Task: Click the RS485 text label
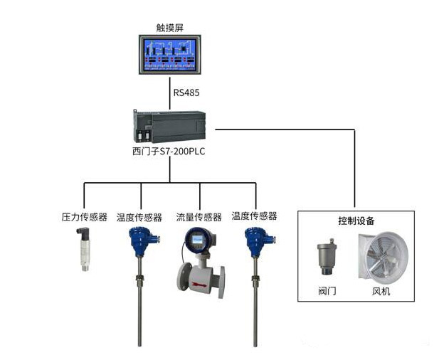click(x=186, y=93)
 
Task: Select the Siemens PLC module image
click(x=171, y=126)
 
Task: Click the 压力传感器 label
click(x=84, y=216)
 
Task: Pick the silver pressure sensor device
click(x=85, y=249)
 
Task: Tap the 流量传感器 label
click(x=199, y=216)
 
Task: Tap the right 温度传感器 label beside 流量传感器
click(x=254, y=216)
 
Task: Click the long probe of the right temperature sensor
click(x=255, y=306)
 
